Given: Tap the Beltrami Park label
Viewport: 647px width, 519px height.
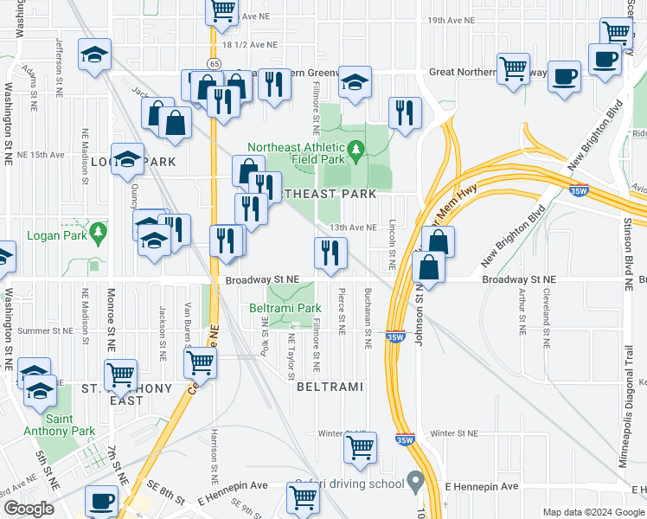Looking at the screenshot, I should [x=285, y=308].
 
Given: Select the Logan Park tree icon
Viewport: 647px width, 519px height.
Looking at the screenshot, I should [x=98, y=233].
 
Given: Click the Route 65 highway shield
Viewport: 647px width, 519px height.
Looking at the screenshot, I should [x=213, y=65].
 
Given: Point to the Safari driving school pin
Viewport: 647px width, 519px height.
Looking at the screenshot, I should [x=416, y=479].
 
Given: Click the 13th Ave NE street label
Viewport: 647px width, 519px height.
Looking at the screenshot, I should [x=352, y=227].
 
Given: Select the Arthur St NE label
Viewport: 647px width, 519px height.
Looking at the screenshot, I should [x=522, y=311].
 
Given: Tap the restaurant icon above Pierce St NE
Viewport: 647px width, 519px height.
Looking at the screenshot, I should [x=330, y=252].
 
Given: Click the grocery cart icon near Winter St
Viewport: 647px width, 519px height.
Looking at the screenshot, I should [x=360, y=447].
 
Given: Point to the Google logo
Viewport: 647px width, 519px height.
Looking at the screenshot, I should [x=28, y=509].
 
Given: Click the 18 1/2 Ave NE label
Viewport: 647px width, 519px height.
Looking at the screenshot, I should [x=250, y=44].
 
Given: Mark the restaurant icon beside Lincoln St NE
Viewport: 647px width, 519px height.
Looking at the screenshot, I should [x=404, y=112].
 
